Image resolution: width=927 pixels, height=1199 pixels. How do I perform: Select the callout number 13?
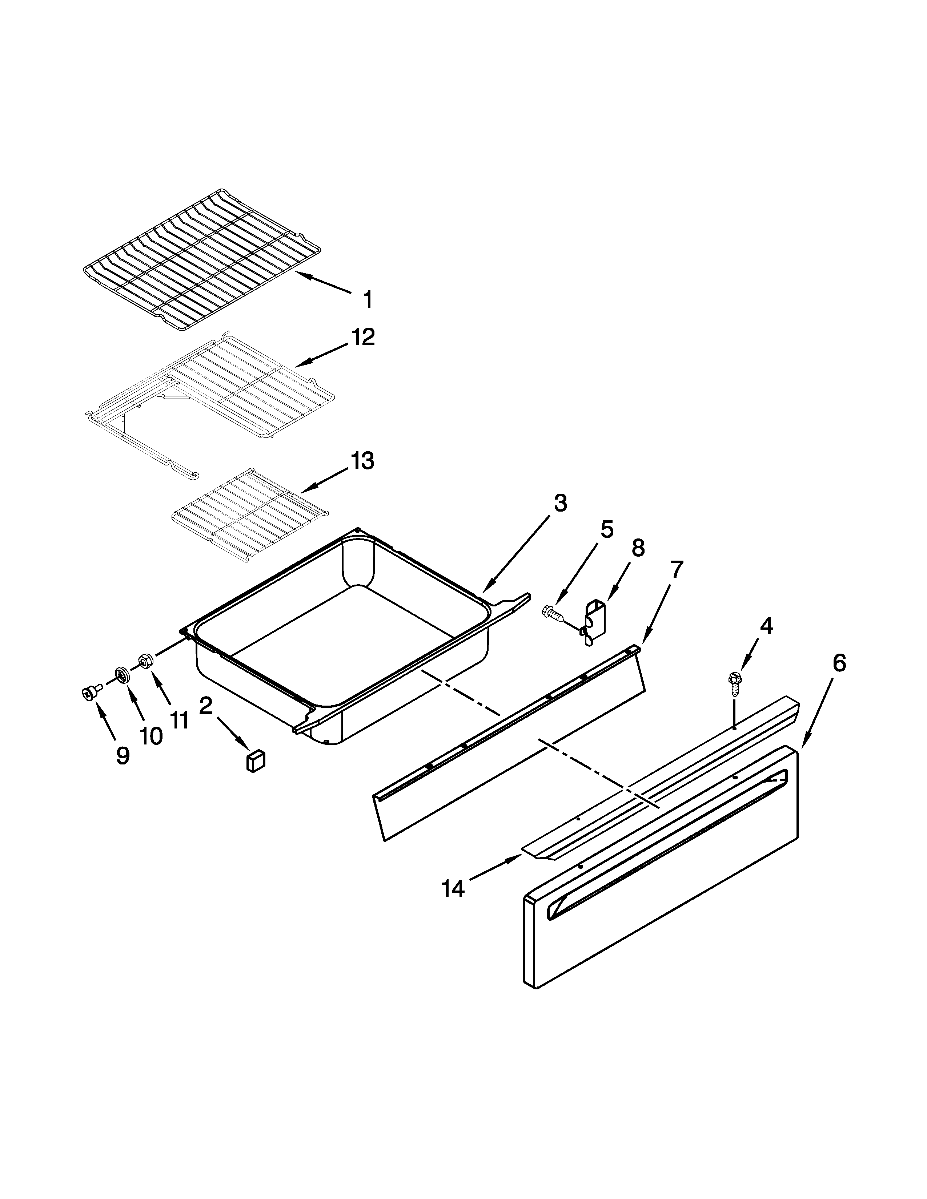point(362,461)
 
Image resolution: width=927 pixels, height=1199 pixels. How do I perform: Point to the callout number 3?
point(559,503)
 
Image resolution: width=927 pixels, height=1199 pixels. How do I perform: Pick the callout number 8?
point(638,548)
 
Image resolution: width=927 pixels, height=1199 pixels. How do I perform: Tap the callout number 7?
point(676,570)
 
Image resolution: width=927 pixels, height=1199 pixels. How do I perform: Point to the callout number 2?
point(205,706)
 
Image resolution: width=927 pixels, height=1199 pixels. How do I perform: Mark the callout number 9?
point(123,756)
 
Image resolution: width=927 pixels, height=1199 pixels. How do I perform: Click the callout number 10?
point(151,736)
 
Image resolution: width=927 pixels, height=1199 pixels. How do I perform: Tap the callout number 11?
point(179,720)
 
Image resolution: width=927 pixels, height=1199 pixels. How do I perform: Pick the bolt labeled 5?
point(552,612)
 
